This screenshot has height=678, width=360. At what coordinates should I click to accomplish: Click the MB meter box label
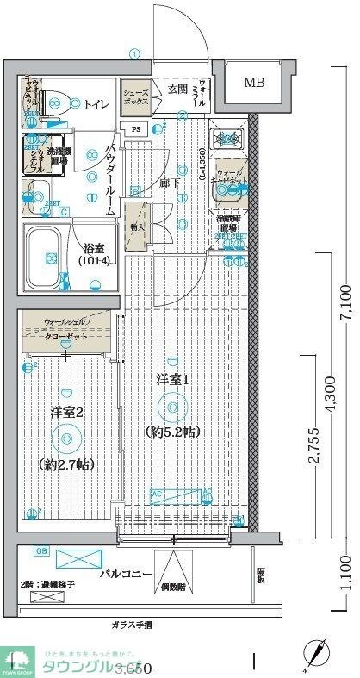[254, 84]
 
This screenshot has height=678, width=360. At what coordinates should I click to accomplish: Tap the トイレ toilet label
[96, 104]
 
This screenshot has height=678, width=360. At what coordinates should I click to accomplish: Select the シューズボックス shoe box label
[136, 96]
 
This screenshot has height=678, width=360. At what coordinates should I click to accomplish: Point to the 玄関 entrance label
[178, 89]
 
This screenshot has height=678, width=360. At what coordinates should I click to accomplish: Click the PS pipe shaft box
[137, 130]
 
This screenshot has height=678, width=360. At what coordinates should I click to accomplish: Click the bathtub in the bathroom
[49, 256]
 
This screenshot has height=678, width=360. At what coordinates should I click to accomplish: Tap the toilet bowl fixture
[57, 103]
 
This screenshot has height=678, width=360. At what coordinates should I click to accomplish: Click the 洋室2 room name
[65, 413]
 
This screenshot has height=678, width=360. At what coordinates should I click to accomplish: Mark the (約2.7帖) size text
[66, 464]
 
